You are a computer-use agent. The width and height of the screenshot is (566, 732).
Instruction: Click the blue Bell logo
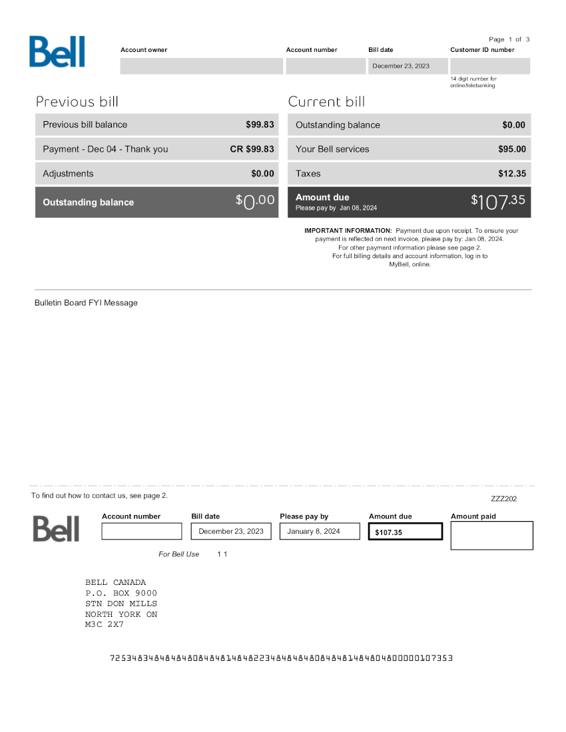57,52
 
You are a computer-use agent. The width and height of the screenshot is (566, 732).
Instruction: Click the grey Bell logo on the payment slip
56,528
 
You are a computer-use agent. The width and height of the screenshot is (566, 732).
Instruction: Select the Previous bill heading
77,102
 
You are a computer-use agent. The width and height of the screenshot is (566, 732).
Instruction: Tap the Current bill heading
326,102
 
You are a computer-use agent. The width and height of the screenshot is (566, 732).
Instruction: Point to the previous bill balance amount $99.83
260,124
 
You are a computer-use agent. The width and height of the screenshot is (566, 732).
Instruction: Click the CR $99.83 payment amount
252,149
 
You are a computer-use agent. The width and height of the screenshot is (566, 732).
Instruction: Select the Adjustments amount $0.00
262,174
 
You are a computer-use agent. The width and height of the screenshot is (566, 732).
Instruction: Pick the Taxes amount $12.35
512,174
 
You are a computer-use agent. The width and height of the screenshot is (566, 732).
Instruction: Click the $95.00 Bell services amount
512,149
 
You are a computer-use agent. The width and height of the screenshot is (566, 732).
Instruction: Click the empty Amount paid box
491,536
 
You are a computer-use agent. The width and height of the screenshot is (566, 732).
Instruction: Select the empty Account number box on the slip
141,531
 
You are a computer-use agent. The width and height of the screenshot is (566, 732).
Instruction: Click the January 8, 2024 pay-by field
314,531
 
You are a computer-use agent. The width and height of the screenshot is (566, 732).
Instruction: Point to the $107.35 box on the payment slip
405,532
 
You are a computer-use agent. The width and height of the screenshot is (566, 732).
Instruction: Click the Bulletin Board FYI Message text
86,303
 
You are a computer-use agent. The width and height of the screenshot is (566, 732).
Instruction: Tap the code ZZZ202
503,498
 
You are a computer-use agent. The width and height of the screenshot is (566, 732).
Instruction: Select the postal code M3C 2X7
105,624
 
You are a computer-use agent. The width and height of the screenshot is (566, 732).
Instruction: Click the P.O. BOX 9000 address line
121,593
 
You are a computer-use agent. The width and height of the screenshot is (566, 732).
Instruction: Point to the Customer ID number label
482,50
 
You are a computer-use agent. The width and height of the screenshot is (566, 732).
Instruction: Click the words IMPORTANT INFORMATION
348,230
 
